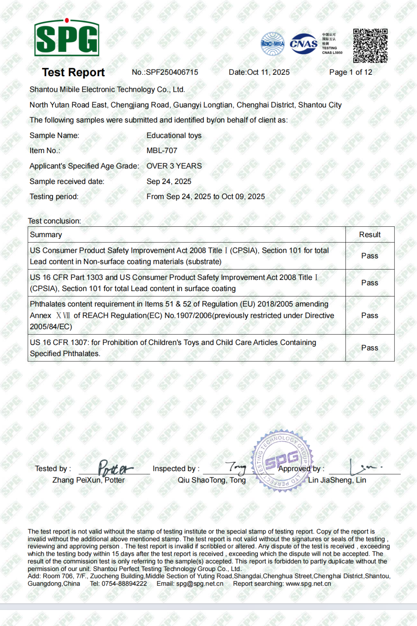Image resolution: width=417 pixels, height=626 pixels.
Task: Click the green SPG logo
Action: pos(67,38)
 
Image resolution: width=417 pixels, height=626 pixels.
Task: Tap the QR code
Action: pos(370,46)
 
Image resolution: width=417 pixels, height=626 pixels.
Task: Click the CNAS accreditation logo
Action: pos(304,44)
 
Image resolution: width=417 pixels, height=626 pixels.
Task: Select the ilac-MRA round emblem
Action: pos(273,44)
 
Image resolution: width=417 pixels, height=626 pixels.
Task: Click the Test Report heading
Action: pos(73,72)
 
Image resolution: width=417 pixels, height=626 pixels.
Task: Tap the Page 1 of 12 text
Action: pos(351,72)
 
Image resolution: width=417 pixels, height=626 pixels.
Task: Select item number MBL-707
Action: pos(162,151)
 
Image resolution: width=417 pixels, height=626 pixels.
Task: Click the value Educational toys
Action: pos(174,136)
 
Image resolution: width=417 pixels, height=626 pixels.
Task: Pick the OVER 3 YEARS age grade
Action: pos(174,166)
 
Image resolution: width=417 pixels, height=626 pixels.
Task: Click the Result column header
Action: pos(370,235)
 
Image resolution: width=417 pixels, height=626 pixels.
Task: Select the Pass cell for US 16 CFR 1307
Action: pos(370,348)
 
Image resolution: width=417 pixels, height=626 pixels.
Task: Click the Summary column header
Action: pos(46,235)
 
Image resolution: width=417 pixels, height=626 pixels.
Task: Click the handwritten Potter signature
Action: pos(115,468)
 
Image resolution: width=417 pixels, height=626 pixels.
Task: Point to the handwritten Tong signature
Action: pos(236,468)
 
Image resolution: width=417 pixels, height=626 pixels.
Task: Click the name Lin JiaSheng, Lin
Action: pos(337,480)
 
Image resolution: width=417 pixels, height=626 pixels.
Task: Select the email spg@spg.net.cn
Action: pos(200,584)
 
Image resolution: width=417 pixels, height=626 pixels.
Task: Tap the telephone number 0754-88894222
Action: pos(124,584)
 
